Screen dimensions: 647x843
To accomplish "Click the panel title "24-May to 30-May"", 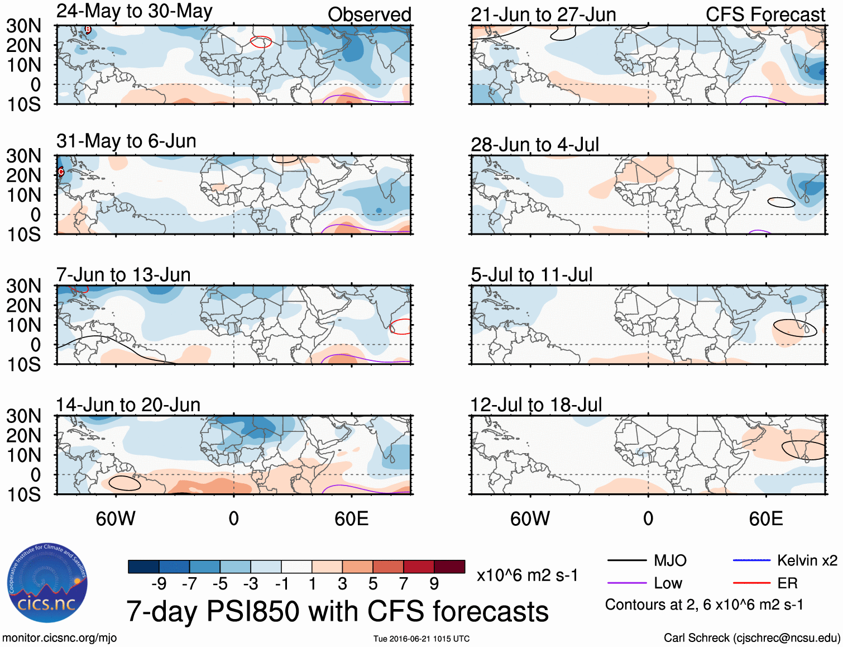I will (134, 12).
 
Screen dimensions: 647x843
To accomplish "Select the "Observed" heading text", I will (369, 15).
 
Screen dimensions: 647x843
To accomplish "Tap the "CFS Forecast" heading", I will (765, 15).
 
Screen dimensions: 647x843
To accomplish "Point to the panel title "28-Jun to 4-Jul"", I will (534, 145).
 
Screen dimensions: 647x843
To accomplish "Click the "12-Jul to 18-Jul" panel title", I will (536, 405).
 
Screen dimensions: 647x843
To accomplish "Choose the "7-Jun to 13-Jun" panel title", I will (123, 275).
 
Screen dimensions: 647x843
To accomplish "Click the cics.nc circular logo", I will (47, 583).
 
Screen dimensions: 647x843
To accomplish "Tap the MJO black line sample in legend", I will (626, 560).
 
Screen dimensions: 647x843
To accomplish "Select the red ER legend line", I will (751, 583).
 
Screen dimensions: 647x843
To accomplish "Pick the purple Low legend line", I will (626, 583).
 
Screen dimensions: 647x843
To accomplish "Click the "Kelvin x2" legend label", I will (807, 560).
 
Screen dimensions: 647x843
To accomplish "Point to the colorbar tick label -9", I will (159, 584).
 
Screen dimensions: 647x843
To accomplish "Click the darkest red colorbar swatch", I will (449, 567).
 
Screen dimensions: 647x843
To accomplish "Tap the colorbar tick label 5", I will (373, 584).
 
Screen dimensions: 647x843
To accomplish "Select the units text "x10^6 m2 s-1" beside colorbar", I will (527, 575).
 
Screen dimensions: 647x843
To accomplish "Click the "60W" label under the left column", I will (116, 518).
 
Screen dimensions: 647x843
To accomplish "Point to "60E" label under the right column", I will (765, 518).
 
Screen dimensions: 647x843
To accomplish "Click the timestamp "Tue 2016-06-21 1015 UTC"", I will (421, 639).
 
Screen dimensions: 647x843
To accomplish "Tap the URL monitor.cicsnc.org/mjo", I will (60, 638).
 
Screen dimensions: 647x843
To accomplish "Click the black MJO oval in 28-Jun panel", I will (781, 202).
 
